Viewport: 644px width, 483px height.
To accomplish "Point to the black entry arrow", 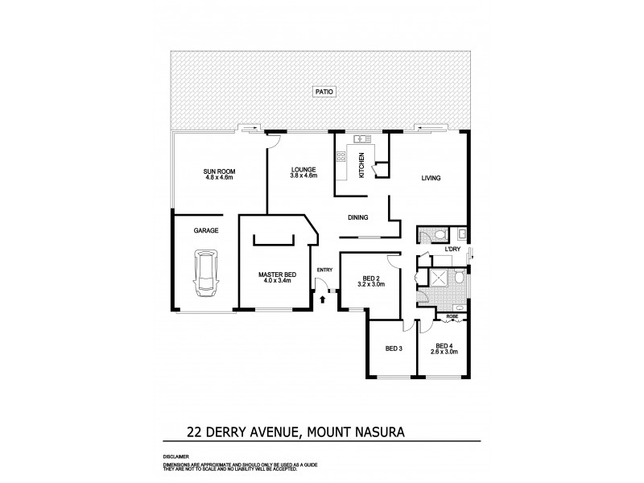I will pos(324,299).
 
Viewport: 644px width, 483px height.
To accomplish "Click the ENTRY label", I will pos(324,270).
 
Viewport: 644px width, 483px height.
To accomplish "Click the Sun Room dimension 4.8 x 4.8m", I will pos(219,177).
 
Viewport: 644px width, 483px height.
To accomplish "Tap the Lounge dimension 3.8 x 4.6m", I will pos(303,175).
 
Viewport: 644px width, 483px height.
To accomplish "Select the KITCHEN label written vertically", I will pos(362,165).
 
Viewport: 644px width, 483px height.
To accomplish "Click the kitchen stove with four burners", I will pos(341,156).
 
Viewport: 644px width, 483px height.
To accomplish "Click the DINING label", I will pos(358,217).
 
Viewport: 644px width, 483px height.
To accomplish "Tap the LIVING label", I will pos(431,178).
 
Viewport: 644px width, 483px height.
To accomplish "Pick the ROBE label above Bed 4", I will pos(452,317).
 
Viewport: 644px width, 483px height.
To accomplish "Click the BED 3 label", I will pos(394,348).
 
